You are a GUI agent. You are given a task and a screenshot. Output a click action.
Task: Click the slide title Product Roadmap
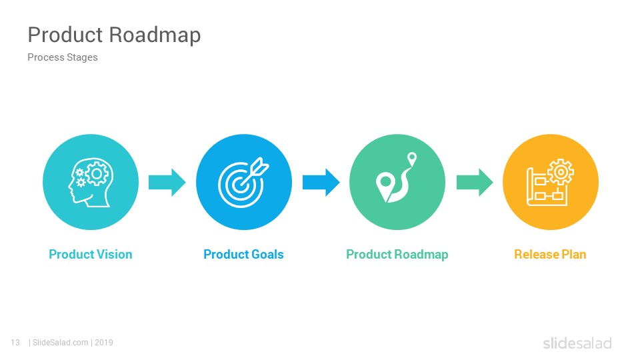(114, 35)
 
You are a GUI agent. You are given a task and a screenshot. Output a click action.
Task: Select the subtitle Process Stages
(63, 57)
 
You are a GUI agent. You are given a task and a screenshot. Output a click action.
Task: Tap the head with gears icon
(91, 182)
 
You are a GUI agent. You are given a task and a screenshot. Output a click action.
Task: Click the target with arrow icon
(243, 182)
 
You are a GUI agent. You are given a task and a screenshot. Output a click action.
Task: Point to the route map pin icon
(396, 178)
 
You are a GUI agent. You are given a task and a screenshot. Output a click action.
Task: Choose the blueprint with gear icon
(550, 182)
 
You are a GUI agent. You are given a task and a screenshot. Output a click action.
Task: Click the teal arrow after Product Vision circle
(167, 182)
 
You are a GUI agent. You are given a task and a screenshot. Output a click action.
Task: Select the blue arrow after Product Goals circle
(321, 182)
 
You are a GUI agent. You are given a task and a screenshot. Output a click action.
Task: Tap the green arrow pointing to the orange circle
(475, 182)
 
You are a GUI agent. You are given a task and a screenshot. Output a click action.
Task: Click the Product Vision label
(91, 254)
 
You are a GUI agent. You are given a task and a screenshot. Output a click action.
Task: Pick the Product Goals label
(244, 254)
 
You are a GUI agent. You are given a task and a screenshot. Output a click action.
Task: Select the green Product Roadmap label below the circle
(397, 255)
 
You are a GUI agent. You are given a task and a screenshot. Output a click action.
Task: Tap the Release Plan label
(550, 254)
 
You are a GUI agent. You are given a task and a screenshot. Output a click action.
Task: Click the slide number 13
(15, 343)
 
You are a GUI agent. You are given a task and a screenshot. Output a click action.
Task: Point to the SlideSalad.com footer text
(61, 343)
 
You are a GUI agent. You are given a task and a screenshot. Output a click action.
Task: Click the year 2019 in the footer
(104, 343)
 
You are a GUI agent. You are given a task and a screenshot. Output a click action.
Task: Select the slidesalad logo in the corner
(577, 343)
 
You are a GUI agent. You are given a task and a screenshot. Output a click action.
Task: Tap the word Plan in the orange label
(574, 254)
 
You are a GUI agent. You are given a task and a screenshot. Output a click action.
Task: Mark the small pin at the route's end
(412, 158)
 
